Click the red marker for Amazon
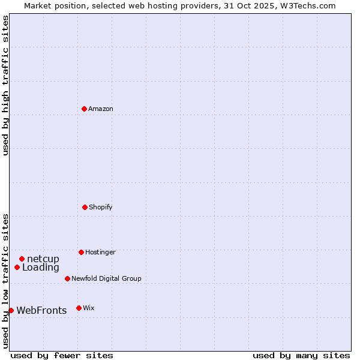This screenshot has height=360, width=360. pos(84,109)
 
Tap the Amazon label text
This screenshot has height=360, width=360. pos(101,109)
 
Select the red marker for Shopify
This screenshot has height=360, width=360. pos(85,207)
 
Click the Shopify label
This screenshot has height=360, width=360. pos(101,208)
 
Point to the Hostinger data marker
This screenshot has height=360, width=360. pos(81,252)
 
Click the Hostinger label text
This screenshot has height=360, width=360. pos(100,253)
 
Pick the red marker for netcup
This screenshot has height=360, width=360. pos(22,259)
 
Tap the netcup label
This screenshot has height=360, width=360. pos(43,259)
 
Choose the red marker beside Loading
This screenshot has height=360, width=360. pos(17,267)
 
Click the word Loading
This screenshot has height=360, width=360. pos(41,268)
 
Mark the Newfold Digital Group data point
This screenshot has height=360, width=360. pos(67,278)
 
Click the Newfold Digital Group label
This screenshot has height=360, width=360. pos(106,279)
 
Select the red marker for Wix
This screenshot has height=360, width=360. pos(79,308)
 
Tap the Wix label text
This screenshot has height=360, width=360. pos(89,308)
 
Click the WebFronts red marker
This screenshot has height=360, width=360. pos(11,310)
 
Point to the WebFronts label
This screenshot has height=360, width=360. pos(41,311)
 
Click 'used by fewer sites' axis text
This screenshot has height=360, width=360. pos(62,356)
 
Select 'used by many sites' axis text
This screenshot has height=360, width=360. pos(301,356)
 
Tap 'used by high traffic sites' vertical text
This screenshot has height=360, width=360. pos(5,85)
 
